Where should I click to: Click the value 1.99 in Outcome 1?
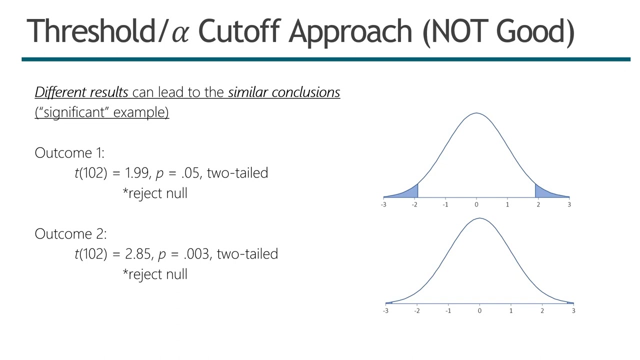coord(136,173)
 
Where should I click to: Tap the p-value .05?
coord(190,173)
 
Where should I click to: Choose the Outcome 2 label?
coord(70,234)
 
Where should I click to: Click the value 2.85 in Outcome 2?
coord(137,254)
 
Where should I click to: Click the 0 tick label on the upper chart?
coord(476,204)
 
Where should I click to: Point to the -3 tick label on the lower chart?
coord(385,311)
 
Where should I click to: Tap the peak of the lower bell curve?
coord(479,218)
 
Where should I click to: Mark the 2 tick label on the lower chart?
coord(542,311)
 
